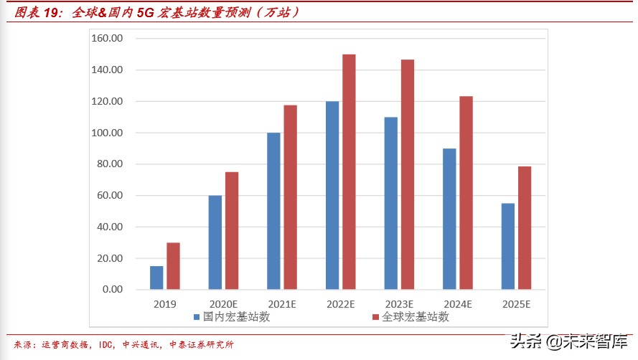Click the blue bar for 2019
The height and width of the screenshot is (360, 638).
(156, 278)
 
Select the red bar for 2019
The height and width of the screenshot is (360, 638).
(173, 266)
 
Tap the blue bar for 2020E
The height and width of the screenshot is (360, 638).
(215, 242)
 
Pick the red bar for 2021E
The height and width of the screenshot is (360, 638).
(290, 197)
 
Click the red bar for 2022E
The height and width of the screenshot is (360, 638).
(349, 172)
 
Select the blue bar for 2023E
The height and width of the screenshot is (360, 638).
(390, 203)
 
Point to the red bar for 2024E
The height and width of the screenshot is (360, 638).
(466, 193)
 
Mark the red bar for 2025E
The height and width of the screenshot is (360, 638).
(524, 227)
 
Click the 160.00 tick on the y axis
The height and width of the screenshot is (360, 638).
(108, 39)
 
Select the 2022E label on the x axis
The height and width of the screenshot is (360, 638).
(340, 304)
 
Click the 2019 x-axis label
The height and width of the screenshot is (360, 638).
(164, 304)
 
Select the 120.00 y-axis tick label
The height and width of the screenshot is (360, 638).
(108, 102)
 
